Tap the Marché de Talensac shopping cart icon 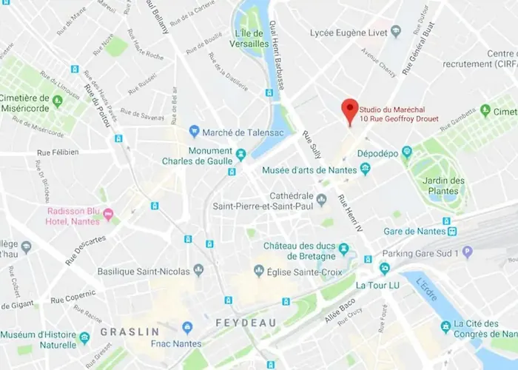click(x=194, y=131)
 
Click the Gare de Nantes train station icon click(x=452, y=231)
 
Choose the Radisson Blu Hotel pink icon click(x=109, y=215)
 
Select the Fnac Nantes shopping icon click(x=187, y=326)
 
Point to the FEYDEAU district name click(x=245, y=323)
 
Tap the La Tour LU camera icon click(x=384, y=269)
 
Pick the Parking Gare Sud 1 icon click(x=467, y=252)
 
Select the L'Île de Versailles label click(x=250, y=38)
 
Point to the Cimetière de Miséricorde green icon click(x=57, y=98)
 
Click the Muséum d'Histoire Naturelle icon click(x=85, y=338)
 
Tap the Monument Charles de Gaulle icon click(x=241, y=154)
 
